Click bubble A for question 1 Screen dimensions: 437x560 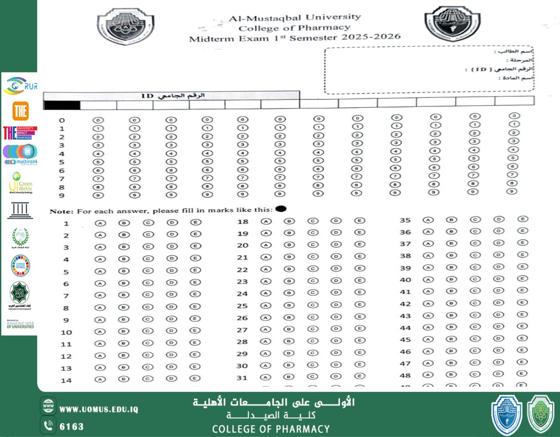[x=100, y=223]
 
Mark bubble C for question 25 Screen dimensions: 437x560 [x=313, y=305]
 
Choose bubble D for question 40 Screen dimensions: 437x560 [x=498, y=279]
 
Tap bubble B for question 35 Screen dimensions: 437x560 [x=451, y=220]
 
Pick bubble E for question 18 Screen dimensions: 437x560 [x=359, y=221]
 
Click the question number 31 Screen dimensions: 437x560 [x=242, y=378]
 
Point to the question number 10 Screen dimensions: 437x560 [x=66, y=332]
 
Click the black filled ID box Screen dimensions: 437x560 [x=62, y=105]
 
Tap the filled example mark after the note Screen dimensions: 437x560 [x=281, y=209]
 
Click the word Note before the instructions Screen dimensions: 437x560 [x=61, y=211]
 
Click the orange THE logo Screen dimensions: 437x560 [x=21, y=111]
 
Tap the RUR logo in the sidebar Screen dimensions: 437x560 [x=20, y=86]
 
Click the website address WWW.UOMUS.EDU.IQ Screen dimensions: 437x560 [x=99, y=409]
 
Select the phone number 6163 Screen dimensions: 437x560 [x=72, y=426]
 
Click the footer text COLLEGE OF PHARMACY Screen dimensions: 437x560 [x=271, y=429]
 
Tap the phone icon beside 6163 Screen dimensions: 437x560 [x=48, y=425]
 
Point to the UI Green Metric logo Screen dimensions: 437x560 [x=21, y=183]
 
